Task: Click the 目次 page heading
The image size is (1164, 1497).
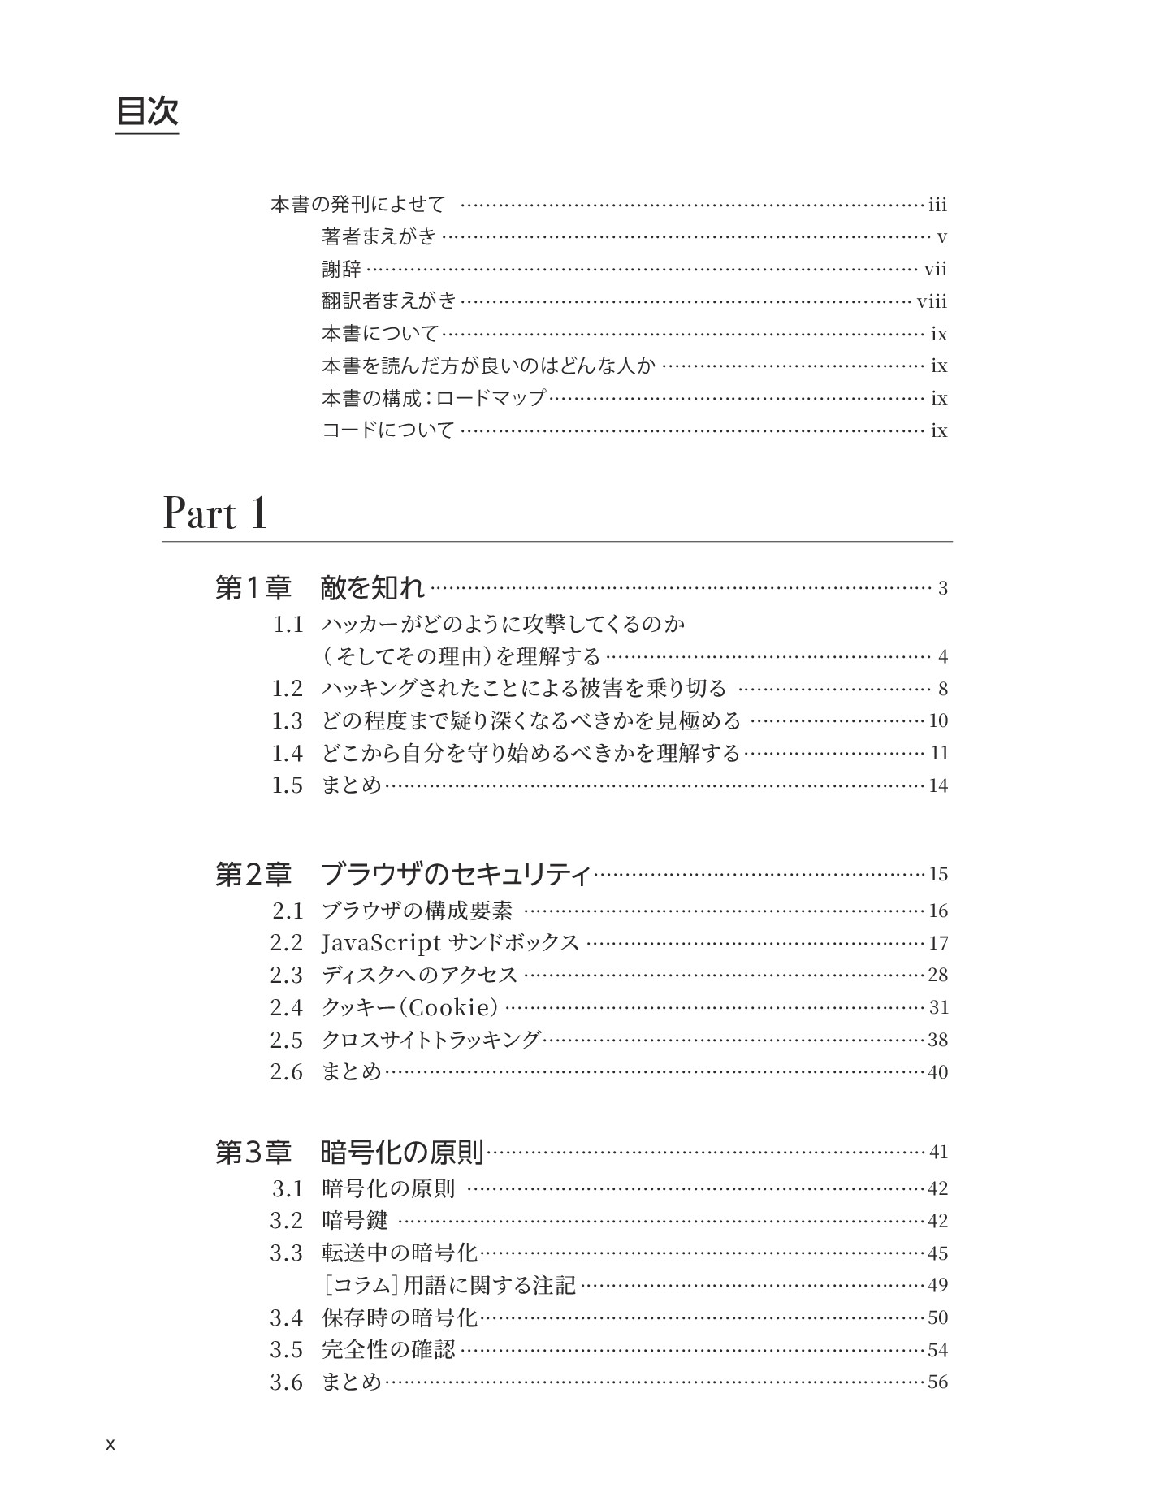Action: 147,111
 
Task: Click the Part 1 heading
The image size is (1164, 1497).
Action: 215,513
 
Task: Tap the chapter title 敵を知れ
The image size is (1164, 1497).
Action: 373,587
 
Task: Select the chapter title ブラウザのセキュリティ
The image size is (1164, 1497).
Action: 456,875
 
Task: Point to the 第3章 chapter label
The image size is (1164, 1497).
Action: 253,1152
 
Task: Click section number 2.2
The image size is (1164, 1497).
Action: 287,943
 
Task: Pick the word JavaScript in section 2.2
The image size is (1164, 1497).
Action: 381,943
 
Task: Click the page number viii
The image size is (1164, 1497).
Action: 932,302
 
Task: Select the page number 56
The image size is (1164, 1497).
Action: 937,1382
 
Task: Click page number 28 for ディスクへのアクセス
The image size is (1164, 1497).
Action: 937,975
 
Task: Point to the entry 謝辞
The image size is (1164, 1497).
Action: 341,269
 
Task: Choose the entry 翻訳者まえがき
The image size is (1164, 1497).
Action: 390,301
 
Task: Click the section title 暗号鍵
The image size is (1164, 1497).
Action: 355,1220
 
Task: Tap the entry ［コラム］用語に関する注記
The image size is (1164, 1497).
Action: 449,1285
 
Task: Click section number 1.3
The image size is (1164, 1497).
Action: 287,720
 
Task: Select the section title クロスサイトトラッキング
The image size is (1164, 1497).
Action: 431,1040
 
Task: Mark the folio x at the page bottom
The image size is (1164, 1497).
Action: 110,1445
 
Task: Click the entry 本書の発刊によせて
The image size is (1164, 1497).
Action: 358,205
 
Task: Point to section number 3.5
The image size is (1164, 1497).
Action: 287,1350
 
